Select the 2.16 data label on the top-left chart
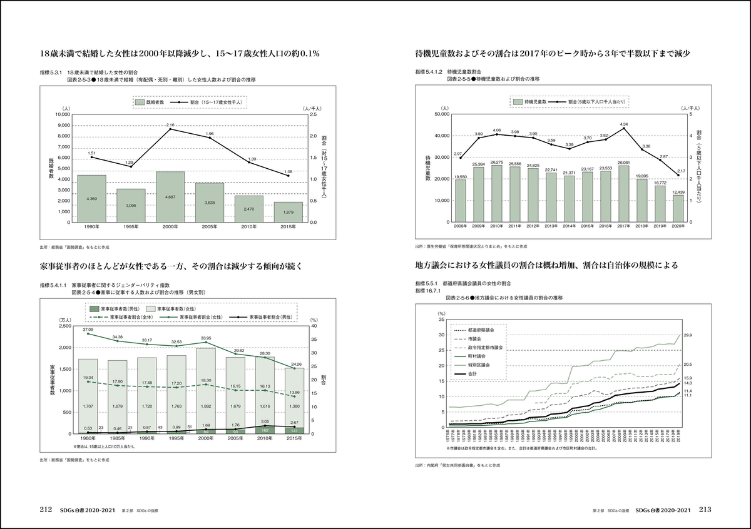click(x=170, y=125)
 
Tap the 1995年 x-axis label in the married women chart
click(x=131, y=228)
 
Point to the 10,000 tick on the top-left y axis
click(x=62, y=114)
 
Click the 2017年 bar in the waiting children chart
click(x=623, y=193)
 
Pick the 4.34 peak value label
click(x=623, y=124)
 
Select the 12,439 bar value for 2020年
click(x=678, y=191)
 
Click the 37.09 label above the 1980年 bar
click(x=88, y=329)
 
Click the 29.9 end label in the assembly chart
click(x=688, y=336)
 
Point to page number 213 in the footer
click(x=705, y=510)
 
